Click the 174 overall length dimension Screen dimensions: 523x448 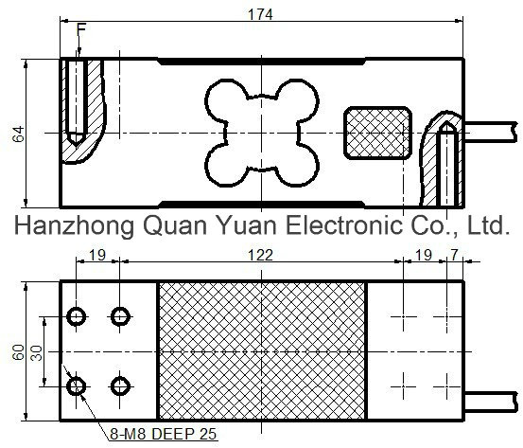point(260,14)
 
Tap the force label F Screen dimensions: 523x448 point(81,29)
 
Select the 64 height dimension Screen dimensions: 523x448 point(19,134)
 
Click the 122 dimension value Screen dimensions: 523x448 point(260,255)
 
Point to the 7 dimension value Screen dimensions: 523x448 point(454,255)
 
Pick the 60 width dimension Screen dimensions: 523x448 point(19,352)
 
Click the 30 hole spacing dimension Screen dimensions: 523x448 point(37,353)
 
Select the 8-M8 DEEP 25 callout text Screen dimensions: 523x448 point(163,434)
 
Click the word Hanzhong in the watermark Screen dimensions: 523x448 point(74,225)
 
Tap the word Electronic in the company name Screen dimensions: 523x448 point(344,224)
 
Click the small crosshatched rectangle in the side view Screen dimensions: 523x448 point(377,133)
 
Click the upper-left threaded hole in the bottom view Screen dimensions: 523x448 point(77,316)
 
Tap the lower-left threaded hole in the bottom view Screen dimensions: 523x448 point(77,386)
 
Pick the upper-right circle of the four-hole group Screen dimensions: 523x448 point(120,316)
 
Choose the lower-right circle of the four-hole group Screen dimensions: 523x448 point(120,386)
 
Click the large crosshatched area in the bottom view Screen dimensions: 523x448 point(262,350)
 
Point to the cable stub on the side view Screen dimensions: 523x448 point(490,133)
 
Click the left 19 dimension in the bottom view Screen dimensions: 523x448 point(97,255)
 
